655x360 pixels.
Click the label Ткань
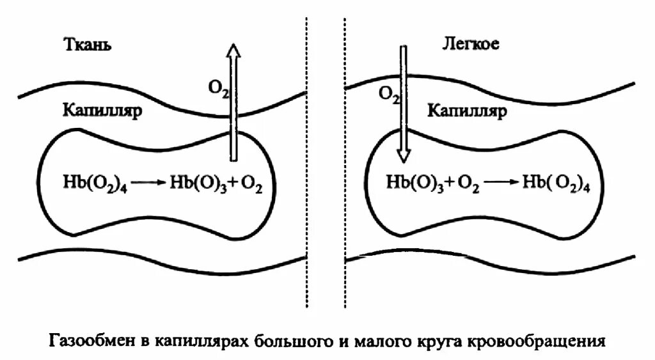pos(88,45)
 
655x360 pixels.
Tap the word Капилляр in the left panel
pos(102,109)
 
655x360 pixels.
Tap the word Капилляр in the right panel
pos(466,112)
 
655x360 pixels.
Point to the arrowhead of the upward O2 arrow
pos(234,51)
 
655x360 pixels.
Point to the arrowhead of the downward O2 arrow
pos(402,155)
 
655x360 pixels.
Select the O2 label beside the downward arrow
pos(388,95)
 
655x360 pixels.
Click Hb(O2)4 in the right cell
pos(556,182)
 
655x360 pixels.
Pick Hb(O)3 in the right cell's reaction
pos(413,182)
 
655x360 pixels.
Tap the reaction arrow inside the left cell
pos(151,182)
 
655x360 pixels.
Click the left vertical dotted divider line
pos(307,160)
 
